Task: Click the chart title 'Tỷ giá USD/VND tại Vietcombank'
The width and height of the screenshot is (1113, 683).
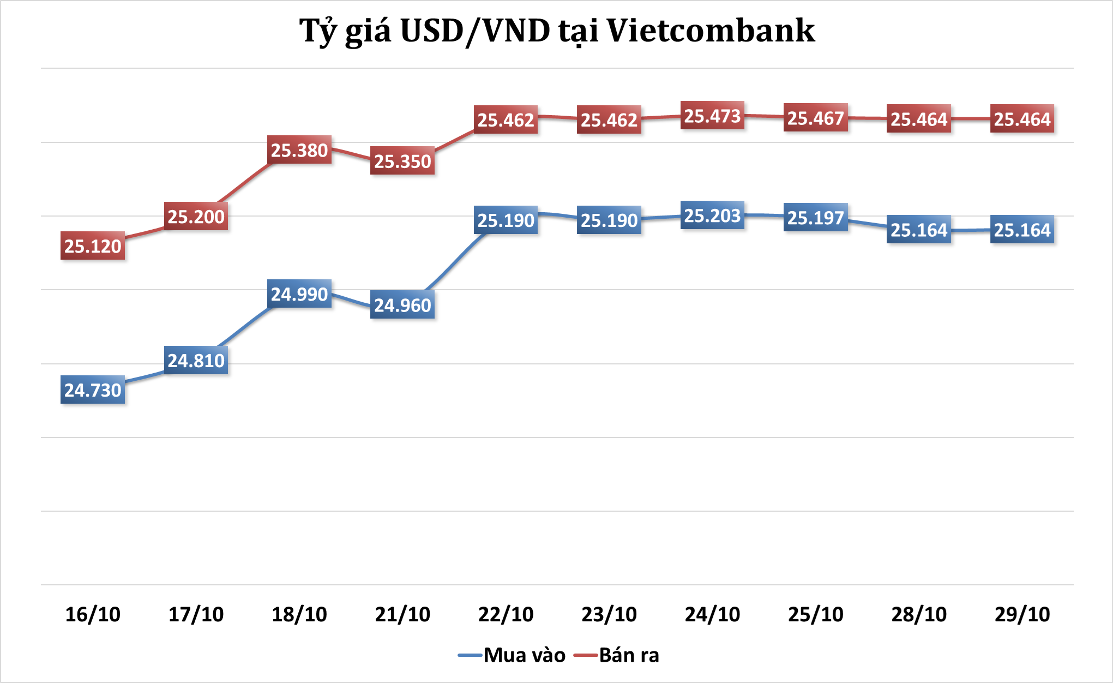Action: point(557,31)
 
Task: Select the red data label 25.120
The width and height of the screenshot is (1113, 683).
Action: point(93,246)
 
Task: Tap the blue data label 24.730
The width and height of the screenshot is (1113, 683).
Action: point(93,390)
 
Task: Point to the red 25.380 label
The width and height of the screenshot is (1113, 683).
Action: point(299,150)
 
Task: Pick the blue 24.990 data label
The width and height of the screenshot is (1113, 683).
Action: point(299,294)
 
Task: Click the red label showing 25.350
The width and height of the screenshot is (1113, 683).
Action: point(402,161)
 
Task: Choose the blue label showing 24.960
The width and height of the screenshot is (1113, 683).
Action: point(402,305)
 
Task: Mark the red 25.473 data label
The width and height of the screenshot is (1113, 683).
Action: point(712,116)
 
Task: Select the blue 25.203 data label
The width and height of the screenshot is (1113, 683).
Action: point(712,215)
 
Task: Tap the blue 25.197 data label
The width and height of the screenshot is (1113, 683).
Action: point(815,218)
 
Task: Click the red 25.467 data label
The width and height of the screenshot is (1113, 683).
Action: point(815,118)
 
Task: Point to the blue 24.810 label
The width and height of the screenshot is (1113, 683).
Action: point(196,361)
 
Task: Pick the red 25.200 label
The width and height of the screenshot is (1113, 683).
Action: point(196,217)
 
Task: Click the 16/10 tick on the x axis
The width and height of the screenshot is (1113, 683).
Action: point(93,614)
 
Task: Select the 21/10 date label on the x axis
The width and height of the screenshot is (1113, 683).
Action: point(402,614)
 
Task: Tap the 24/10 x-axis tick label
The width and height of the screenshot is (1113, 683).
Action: point(712,614)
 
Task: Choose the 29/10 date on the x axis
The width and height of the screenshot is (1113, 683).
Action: point(1022,614)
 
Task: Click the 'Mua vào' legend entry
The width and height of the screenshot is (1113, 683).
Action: point(513,655)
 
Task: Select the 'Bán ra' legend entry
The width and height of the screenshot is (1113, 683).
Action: point(617,655)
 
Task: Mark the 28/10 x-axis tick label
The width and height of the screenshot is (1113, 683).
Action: point(919,614)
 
